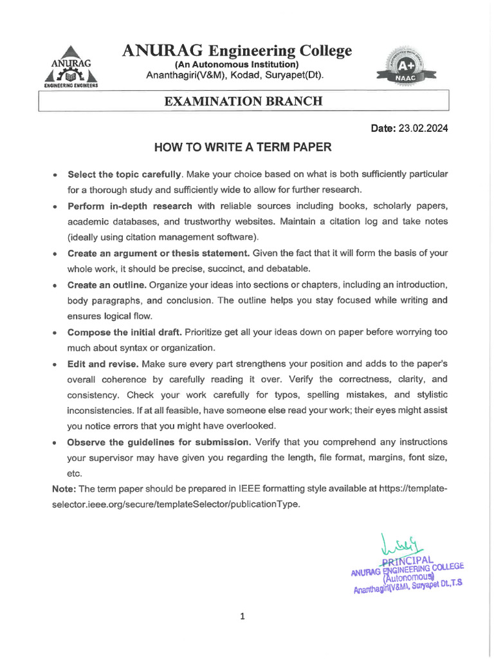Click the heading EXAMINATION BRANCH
(243, 102)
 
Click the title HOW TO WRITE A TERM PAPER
(242, 147)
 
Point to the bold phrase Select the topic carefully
(125, 174)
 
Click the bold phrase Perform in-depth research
(129, 206)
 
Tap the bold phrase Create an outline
(107, 284)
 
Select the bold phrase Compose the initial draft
(125, 332)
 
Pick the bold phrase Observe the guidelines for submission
(159, 442)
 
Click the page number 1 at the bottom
(242, 617)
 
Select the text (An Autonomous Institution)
(237, 64)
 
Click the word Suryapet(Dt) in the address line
(295, 76)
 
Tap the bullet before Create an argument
(57, 254)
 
